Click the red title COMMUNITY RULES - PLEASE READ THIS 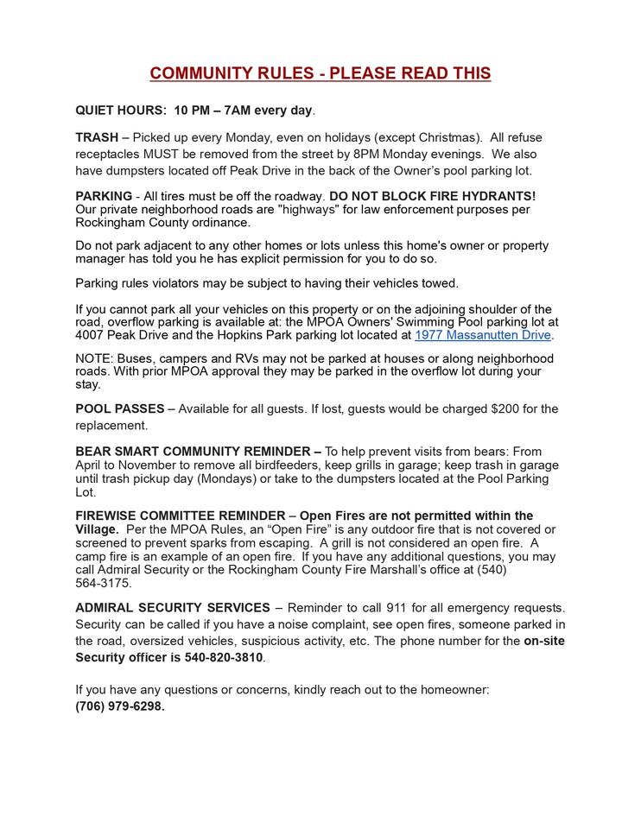coord(320,73)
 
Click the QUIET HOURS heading coord(121,111)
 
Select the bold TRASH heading coord(97,137)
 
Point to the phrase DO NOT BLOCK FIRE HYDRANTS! coord(432,196)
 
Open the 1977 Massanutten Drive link coord(482,335)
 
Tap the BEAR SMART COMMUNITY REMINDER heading coord(198,451)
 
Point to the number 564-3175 coord(104,583)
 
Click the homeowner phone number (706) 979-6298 coord(119,706)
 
